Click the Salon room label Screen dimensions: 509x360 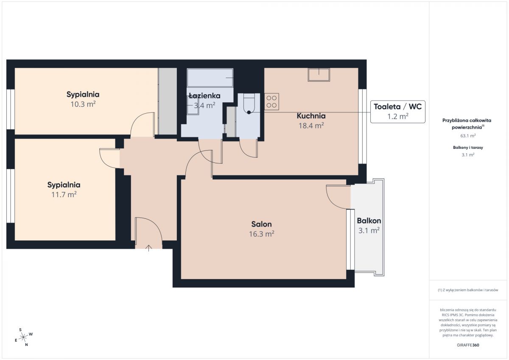pos(261,224)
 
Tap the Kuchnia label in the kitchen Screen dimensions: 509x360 pos(311,116)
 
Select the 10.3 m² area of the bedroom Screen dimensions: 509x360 pos(83,104)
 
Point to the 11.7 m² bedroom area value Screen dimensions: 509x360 pos(64,195)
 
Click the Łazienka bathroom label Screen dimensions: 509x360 pos(204,96)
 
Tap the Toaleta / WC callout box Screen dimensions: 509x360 pos(398,112)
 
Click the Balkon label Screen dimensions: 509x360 pos(369,220)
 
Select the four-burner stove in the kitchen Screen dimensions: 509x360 pos(271,101)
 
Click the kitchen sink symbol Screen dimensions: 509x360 pos(319,75)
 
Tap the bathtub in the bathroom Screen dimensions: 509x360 pos(210,78)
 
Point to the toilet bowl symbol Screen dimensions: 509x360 pos(249,104)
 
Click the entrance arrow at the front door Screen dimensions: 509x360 pos(148,248)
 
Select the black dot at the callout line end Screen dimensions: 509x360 pos(249,112)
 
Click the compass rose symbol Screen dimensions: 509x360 pos(23,337)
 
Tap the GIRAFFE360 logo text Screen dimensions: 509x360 pos(468,345)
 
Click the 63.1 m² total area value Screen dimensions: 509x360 pos(468,136)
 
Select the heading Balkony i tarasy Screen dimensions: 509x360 pos(468,148)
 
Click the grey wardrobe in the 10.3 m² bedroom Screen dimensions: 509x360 pos(168,101)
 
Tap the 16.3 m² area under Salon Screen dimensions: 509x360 pos(262,234)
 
